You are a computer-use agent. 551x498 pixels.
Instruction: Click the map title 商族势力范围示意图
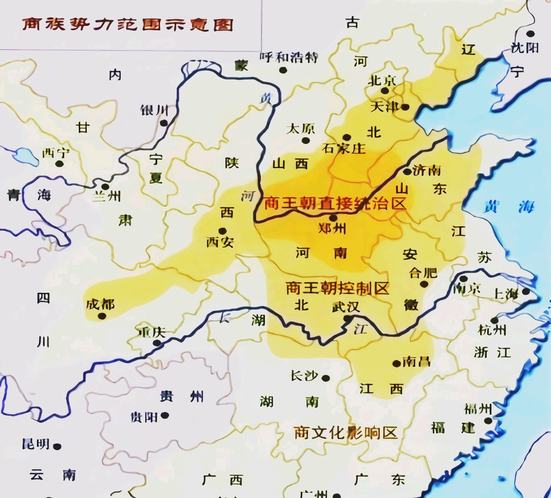coord(128,25)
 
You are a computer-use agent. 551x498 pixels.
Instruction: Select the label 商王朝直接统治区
coord(335,204)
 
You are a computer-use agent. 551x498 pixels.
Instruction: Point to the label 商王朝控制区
coord(337,288)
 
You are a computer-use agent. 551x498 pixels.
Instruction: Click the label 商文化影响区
coord(346,433)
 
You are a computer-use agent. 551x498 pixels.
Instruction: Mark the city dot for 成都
coord(102,316)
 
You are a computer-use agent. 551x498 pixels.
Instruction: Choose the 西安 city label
coord(220,242)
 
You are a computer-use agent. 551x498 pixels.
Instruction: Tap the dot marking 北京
coord(385,90)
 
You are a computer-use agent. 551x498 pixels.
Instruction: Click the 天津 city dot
coord(405,107)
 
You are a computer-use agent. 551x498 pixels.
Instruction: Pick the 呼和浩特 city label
coord(289,57)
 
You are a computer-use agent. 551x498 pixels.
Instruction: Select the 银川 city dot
coord(164,123)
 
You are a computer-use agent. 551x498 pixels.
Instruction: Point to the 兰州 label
coord(107,196)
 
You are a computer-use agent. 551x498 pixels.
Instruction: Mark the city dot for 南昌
coord(397,364)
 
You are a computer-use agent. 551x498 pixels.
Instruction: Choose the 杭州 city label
coord(492,330)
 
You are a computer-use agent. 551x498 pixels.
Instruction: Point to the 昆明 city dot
coord(57,446)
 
